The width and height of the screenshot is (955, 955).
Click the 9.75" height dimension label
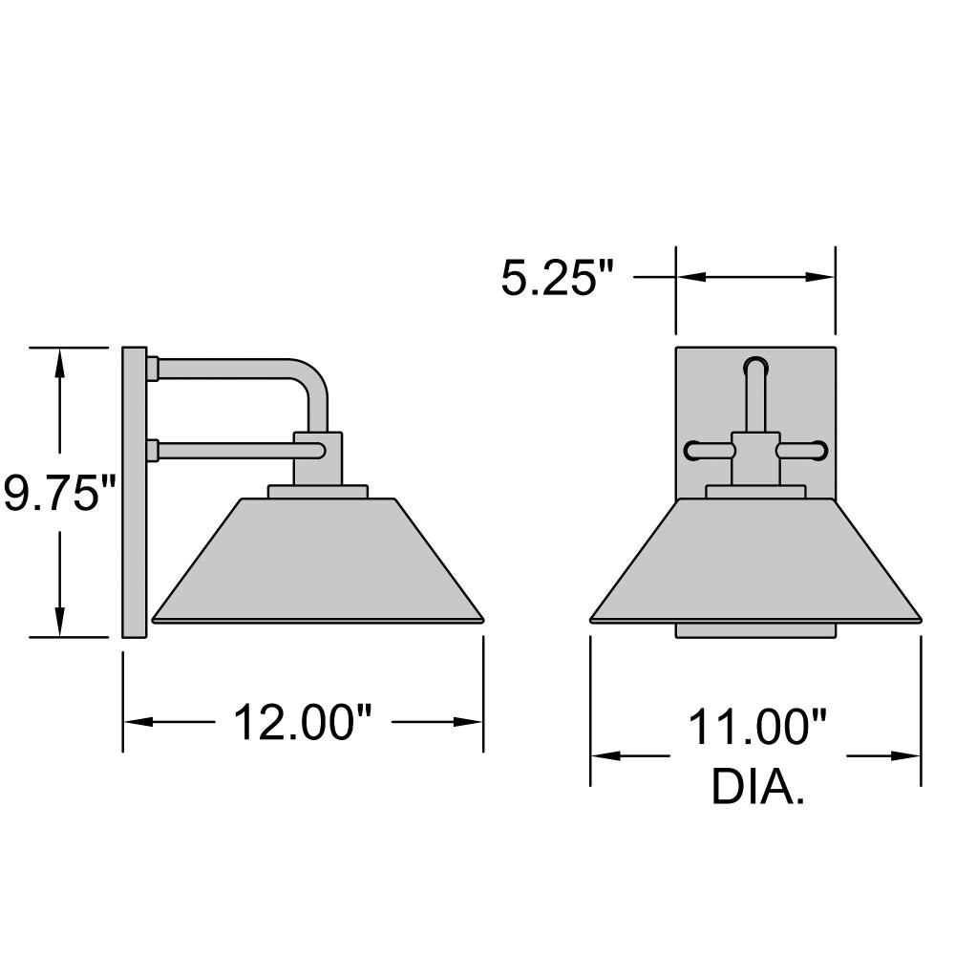[x=59, y=493]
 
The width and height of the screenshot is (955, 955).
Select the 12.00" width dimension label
[x=303, y=722]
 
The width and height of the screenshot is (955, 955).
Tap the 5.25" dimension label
[x=557, y=278]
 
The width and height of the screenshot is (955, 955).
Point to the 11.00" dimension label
[x=757, y=727]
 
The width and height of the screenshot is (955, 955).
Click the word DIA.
[x=757, y=787]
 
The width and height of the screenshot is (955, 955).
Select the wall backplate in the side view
[x=135, y=493]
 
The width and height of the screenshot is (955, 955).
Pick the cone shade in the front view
[x=755, y=561]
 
